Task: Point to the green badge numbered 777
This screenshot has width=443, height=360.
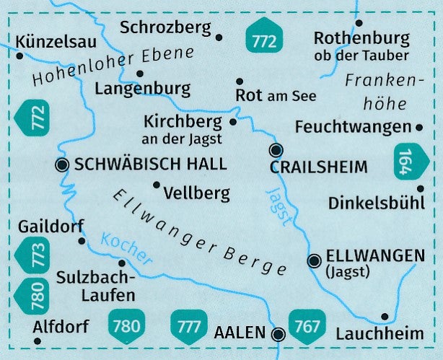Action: (x=190, y=325)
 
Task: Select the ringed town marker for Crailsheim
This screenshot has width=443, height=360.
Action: (x=275, y=150)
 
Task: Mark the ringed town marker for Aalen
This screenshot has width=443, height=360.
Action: (x=278, y=333)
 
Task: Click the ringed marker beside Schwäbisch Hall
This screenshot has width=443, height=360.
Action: (x=61, y=165)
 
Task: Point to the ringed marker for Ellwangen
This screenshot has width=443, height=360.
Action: (x=314, y=261)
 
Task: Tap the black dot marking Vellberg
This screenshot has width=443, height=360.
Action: (x=156, y=185)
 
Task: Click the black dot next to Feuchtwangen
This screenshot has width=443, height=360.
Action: (x=420, y=127)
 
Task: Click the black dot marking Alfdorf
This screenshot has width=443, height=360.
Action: (x=36, y=338)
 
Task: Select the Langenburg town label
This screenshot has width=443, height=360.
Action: (x=142, y=89)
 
